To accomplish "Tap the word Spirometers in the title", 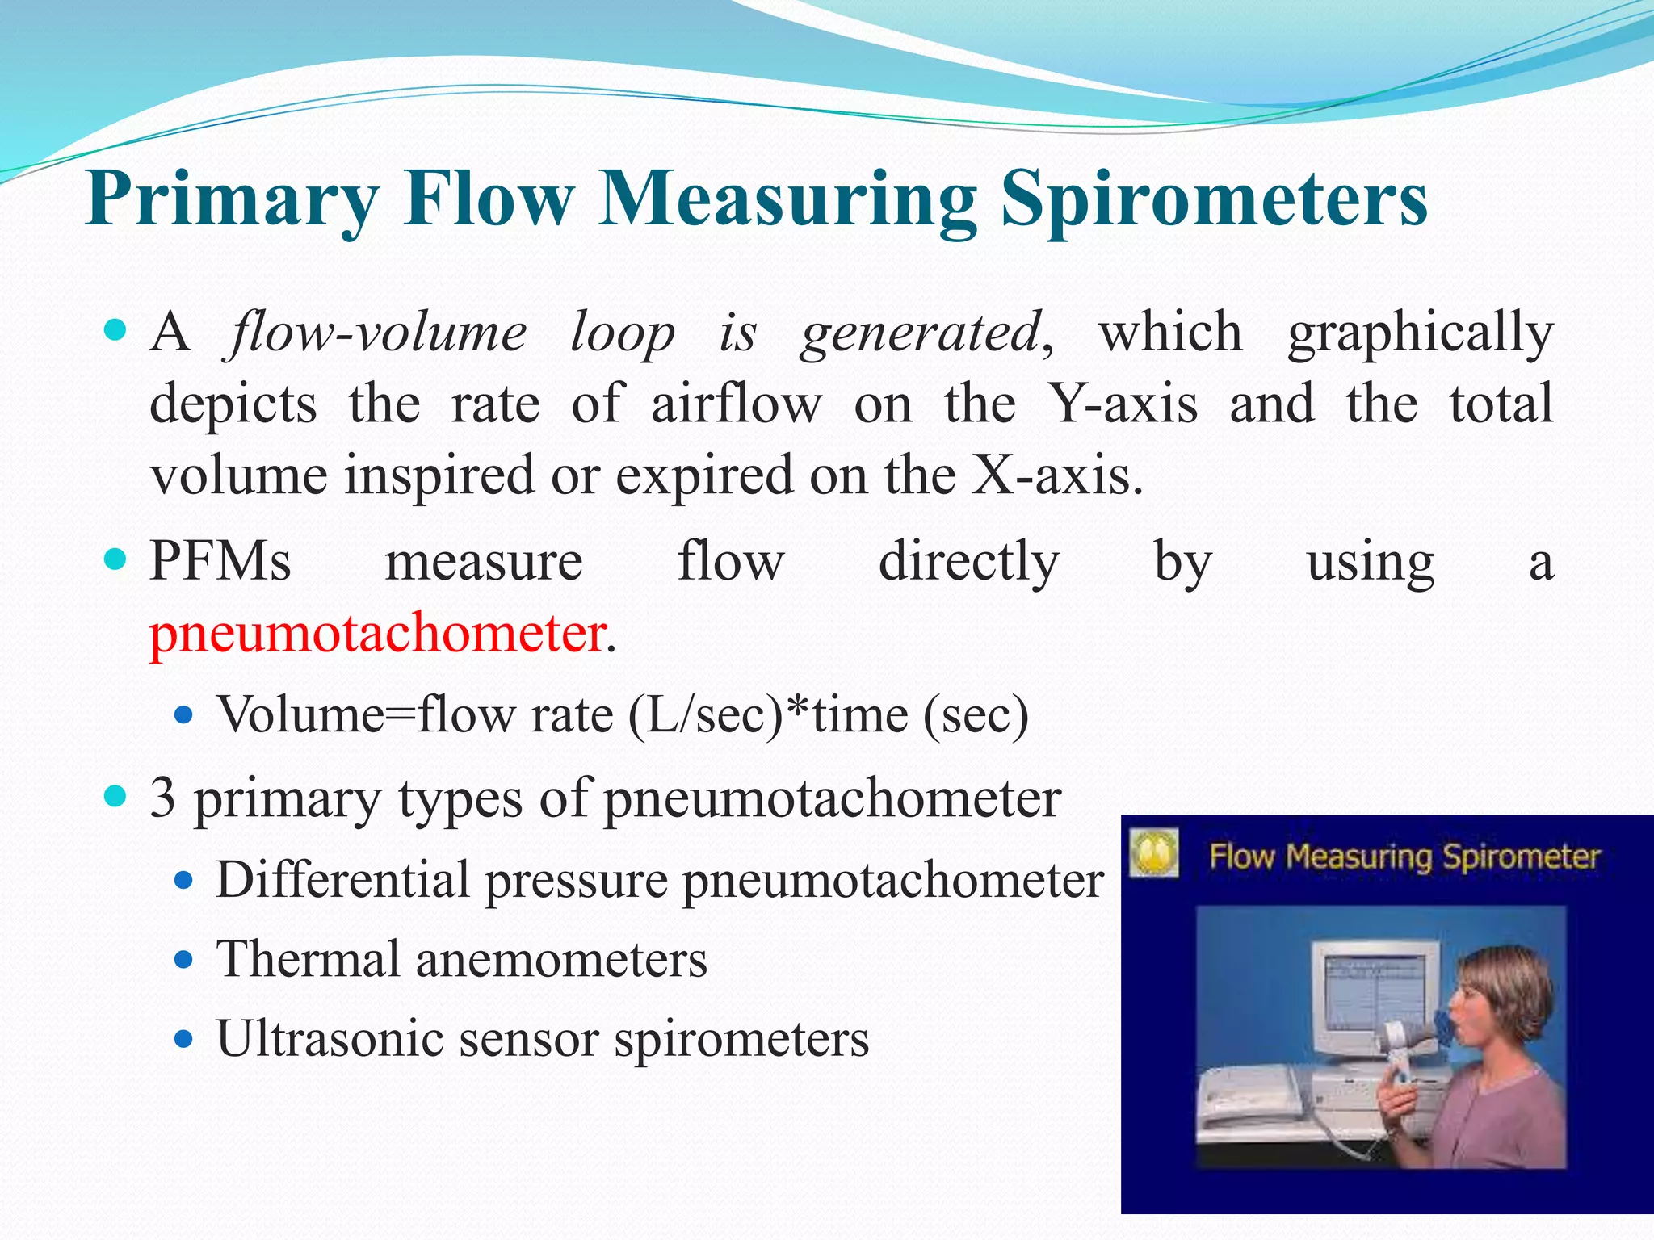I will pos(1215,200).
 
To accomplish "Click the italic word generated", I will pos(920,333).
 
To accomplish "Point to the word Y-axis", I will pos(1123,404).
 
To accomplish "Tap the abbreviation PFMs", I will pos(220,562).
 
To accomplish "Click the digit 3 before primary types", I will pos(162,798).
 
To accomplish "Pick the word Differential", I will pos(342,880).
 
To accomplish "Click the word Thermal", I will pos(308,960).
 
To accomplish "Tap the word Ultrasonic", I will pos(330,1039).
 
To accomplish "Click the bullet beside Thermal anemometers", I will pos(184,961).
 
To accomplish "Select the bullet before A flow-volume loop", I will pos(116,330).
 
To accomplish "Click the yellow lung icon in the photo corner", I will pos(1153,853).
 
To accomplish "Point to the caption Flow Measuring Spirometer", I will pos(1404,857).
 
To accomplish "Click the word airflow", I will pos(737,404).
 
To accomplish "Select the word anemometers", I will pos(561,960).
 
